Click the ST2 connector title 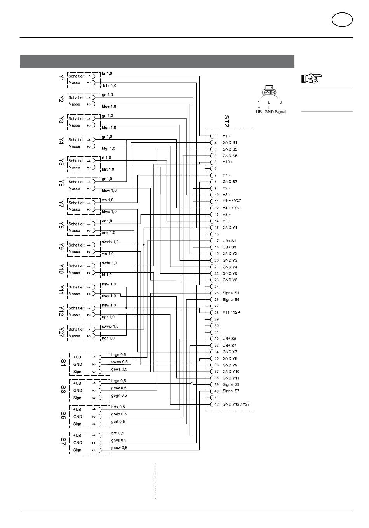(226, 121)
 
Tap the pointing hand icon (312, 78)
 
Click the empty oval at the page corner (342, 19)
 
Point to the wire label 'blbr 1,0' (110, 85)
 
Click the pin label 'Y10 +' (228, 162)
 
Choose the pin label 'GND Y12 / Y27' (236, 404)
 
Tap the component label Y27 (61, 332)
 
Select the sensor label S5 (63, 415)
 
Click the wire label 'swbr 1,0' (110, 263)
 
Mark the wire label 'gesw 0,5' (119, 448)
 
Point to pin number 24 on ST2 (216, 287)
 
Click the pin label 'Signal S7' (231, 391)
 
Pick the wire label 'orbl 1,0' (108, 233)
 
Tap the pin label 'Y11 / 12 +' (231, 312)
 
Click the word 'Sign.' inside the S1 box (78, 372)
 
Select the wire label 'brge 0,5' (118, 355)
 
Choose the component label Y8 (61, 226)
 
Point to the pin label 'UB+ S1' (229, 241)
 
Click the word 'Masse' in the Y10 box (74, 273)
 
